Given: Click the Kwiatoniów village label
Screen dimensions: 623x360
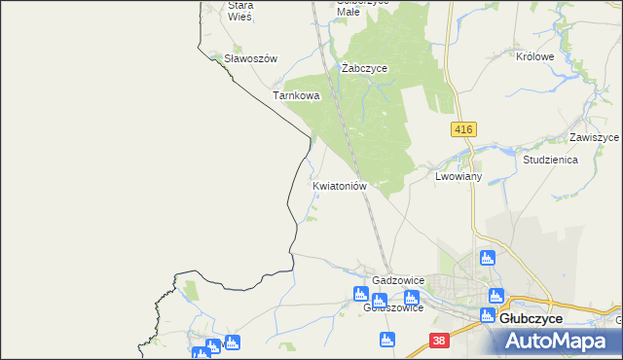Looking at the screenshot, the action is [x=339, y=185].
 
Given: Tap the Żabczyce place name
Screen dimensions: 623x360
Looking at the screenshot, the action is [x=365, y=68].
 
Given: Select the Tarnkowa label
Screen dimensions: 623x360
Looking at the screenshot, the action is [x=296, y=96].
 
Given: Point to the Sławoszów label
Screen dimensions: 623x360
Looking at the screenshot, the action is [x=250, y=58].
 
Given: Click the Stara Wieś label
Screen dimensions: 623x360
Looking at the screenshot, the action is [x=239, y=11].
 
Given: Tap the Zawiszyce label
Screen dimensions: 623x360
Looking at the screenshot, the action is [x=594, y=137].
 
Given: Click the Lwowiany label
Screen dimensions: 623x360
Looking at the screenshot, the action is [x=458, y=177].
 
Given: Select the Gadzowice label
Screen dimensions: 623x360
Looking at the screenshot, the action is [x=397, y=280].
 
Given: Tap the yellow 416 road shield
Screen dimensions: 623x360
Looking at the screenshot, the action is [x=463, y=128].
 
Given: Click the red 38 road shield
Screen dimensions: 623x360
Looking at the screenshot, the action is [x=440, y=341].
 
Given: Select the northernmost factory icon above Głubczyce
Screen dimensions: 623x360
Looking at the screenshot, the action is [x=488, y=258].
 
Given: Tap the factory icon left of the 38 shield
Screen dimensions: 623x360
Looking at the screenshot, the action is [x=387, y=340].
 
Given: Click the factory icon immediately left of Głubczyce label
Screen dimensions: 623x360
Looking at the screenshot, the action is [x=488, y=316].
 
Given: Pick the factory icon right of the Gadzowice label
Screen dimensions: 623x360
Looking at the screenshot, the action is [x=411, y=298].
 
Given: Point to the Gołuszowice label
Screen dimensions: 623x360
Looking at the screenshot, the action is [x=392, y=308].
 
